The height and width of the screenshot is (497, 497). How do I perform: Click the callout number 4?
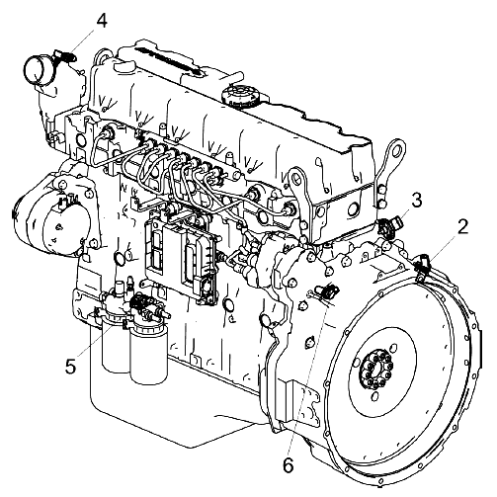102,21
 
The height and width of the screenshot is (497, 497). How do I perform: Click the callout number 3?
417,201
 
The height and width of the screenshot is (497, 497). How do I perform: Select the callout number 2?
462,227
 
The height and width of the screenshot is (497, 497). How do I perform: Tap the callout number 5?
71,366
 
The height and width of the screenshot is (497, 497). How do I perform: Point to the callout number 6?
288,465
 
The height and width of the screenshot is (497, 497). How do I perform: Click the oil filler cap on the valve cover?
239,95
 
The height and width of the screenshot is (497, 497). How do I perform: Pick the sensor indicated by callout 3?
390,226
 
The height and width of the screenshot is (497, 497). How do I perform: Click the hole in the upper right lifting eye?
397,149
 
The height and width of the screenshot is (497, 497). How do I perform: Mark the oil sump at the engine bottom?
178,402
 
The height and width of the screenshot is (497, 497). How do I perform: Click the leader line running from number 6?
308,381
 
